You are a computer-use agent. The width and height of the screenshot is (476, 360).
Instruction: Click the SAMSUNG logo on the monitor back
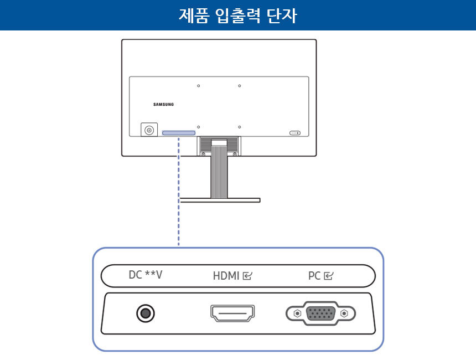tap(163, 104)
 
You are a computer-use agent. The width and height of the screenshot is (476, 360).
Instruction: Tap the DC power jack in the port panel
tap(146, 314)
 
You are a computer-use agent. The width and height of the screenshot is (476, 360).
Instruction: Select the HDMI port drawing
tap(232, 313)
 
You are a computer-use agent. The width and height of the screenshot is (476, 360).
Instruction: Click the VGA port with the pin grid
tap(321, 313)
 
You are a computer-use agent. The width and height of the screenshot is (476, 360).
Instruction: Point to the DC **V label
tap(146, 275)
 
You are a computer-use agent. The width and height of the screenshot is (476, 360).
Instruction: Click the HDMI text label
tap(226, 275)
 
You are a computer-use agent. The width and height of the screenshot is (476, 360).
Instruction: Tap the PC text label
tap(314, 275)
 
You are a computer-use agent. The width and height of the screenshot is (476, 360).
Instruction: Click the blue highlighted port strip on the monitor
tap(179, 133)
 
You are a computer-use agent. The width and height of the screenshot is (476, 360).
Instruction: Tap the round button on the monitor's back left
tap(148, 130)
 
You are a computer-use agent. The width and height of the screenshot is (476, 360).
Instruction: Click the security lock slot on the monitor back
tap(294, 133)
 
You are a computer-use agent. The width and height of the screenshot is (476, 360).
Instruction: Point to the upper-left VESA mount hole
tap(198, 86)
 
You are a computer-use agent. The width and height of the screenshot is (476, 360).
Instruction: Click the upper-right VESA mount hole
tap(240, 86)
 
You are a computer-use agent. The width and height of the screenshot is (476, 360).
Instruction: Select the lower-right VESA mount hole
tap(240, 127)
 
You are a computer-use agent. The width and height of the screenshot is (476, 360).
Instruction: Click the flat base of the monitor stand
tap(220, 200)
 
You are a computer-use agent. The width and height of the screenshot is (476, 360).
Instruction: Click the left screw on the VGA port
tap(297, 313)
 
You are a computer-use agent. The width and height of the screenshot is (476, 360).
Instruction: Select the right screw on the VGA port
tap(345, 313)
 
